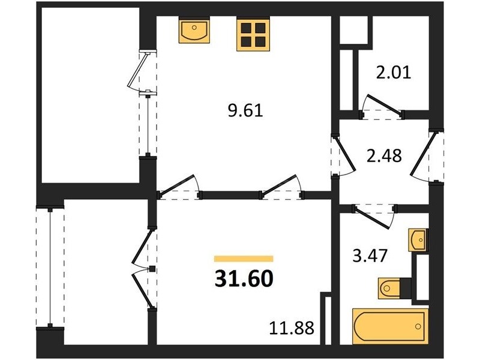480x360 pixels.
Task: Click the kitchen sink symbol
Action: click(x=194, y=32)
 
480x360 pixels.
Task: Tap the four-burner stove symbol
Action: click(x=253, y=35)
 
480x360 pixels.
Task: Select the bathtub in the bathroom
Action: click(x=390, y=326)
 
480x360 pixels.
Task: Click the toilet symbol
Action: click(x=389, y=288)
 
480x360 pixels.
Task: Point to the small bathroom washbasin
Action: click(x=417, y=239)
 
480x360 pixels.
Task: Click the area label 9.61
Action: click(x=245, y=110)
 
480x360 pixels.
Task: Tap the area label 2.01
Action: click(x=394, y=73)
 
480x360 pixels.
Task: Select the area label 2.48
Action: click(x=384, y=155)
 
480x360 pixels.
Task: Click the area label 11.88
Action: click(x=292, y=328)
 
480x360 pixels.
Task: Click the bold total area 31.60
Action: click(x=244, y=279)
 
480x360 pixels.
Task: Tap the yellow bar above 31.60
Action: click(x=244, y=259)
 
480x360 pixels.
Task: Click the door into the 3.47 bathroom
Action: click(x=372, y=217)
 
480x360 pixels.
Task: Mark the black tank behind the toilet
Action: click(x=406, y=288)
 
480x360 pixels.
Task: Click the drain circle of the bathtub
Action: click(x=418, y=326)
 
